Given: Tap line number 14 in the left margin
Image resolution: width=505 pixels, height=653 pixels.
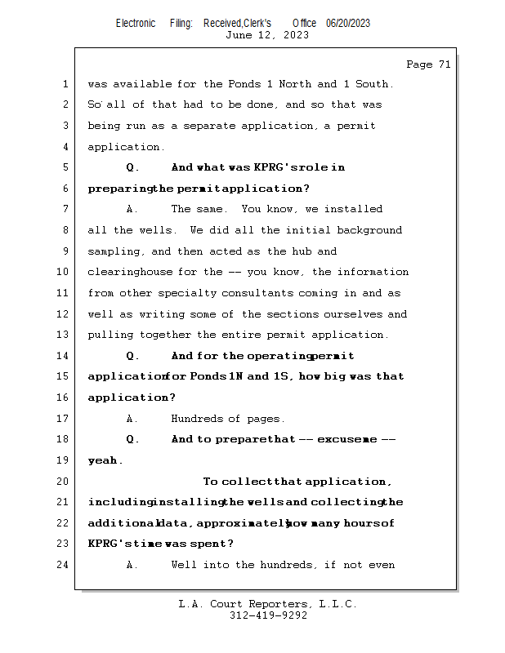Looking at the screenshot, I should click(x=65, y=356).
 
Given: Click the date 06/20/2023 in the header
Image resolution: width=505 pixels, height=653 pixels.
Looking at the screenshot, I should click(x=348, y=23).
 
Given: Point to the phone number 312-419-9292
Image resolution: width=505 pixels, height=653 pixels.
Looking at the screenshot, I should click(x=268, y=615).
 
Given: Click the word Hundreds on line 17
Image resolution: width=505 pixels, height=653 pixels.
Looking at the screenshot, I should click(x=196, y=419).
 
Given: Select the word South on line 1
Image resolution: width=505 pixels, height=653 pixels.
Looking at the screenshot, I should click(x=373, y=84).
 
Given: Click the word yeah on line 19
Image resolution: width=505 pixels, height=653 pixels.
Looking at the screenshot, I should click(x=104, y=460).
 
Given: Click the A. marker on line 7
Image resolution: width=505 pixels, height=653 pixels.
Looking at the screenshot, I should click(x=132, y=209).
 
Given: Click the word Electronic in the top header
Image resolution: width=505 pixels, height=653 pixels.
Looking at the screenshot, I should click(x=136, y=23).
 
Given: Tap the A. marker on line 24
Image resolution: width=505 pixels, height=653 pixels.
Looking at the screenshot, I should click(x=132, y=565).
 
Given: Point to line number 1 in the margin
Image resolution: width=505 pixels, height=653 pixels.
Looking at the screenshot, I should click(x=65, y=84).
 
